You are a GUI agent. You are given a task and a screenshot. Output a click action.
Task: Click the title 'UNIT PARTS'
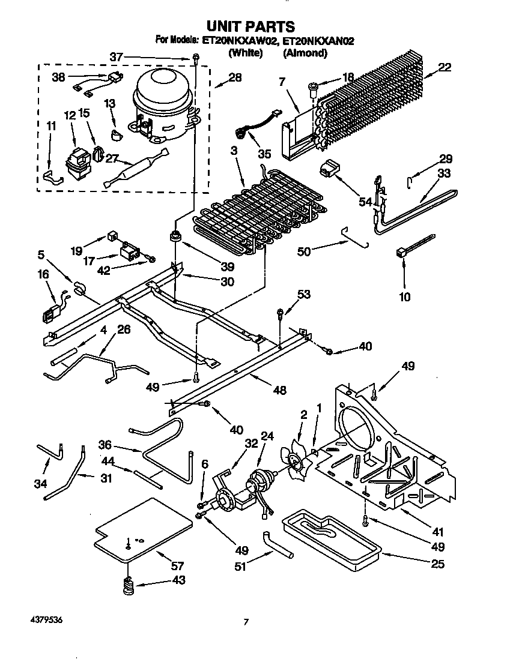pos(250,26)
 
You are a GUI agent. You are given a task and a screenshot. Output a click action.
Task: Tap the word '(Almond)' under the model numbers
pos(305,53)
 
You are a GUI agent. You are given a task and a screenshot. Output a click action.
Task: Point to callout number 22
pos(445,67)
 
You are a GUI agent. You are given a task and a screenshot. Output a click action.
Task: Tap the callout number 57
pos(177,565)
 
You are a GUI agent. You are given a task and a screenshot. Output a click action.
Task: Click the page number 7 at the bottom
pos(246,622)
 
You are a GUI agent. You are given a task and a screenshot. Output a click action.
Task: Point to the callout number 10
pos(405,296)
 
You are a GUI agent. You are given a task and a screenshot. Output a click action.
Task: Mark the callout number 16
pos(43,275)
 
